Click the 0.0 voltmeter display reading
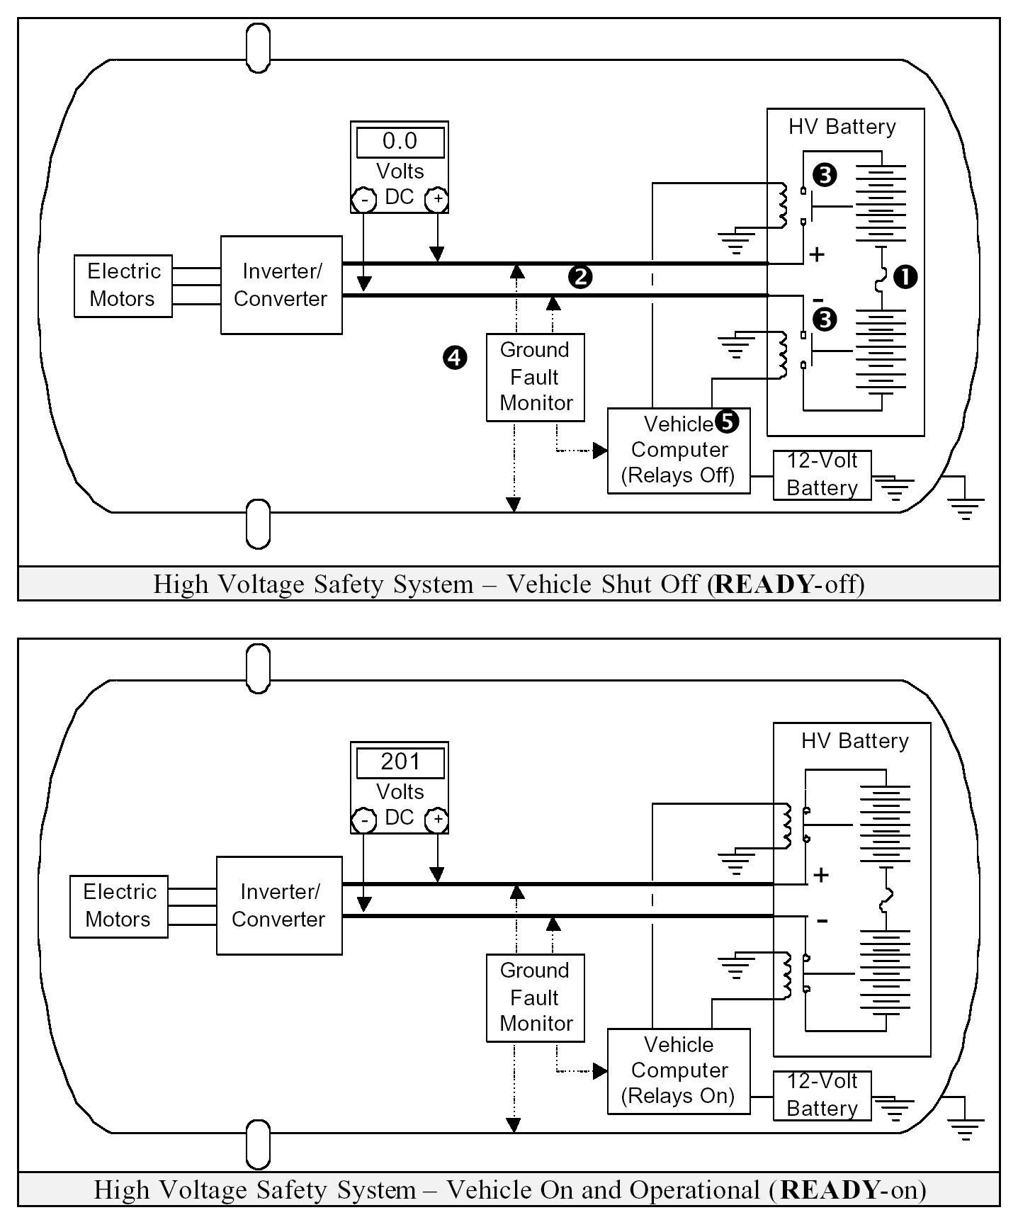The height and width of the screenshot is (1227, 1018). click(400, 142)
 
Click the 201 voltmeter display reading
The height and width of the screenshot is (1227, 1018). click(400, 762)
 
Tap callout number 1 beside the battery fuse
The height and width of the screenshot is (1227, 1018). click(905, 277)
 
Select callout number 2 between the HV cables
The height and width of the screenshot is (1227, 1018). click(579, 277)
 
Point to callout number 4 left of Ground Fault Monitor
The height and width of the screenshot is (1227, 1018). click(455, 358)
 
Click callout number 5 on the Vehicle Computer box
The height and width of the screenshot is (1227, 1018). click(728, 422)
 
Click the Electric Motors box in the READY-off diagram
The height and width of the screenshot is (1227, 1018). click(123, 285)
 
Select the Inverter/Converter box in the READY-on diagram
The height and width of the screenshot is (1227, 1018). click(279, 905)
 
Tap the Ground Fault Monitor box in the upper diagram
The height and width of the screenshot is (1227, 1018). click(536, 377)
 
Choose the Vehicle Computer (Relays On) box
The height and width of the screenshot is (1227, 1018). click(679, 1070)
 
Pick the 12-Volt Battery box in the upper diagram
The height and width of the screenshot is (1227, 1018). click(822, 475)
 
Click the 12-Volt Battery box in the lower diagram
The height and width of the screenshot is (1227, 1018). click(822, 1095)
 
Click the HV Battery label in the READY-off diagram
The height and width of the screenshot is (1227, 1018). click(842, 128)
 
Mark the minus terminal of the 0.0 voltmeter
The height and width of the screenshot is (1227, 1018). click(364, 200)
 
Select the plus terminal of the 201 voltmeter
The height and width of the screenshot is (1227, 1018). click(438, 821)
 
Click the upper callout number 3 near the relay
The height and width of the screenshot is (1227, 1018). click(825, 175)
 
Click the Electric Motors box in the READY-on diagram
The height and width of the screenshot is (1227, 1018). click(119, 906)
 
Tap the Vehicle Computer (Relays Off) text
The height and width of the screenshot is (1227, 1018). click(679, 450)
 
